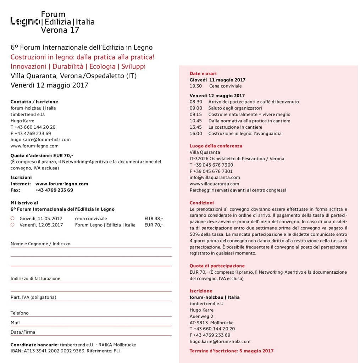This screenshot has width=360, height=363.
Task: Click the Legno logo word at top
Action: coord(25,22)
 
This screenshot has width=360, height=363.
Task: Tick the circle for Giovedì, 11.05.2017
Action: coord(12,218)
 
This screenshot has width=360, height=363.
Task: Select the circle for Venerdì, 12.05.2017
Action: coord(12,225)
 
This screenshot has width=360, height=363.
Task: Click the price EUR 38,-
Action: coord(154,219)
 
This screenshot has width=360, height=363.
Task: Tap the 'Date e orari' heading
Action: coord(203,74)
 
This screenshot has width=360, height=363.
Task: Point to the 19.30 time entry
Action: coord(195,86)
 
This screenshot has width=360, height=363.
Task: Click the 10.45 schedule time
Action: coord(195,121)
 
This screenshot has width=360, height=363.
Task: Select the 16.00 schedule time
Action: coord(195,134)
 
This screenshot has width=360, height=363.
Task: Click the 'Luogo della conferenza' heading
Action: coord(216,146)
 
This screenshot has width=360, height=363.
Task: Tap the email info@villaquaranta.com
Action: coord(215,178)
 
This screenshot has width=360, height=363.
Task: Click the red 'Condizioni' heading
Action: coord(201,203)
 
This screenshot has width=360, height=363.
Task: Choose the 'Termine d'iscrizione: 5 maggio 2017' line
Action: coord(231,351)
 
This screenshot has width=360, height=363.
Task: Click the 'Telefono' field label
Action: coord(20,313)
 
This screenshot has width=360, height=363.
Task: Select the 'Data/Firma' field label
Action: coord(23,332)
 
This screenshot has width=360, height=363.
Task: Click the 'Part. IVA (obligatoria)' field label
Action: coord(33,297)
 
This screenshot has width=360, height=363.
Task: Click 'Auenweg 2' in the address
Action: coord(201,317)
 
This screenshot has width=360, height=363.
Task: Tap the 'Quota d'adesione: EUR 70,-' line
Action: coord(41,155)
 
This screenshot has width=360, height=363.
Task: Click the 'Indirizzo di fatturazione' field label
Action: coord(35,279)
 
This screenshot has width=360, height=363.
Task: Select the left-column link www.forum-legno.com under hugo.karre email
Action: coord(34,146)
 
